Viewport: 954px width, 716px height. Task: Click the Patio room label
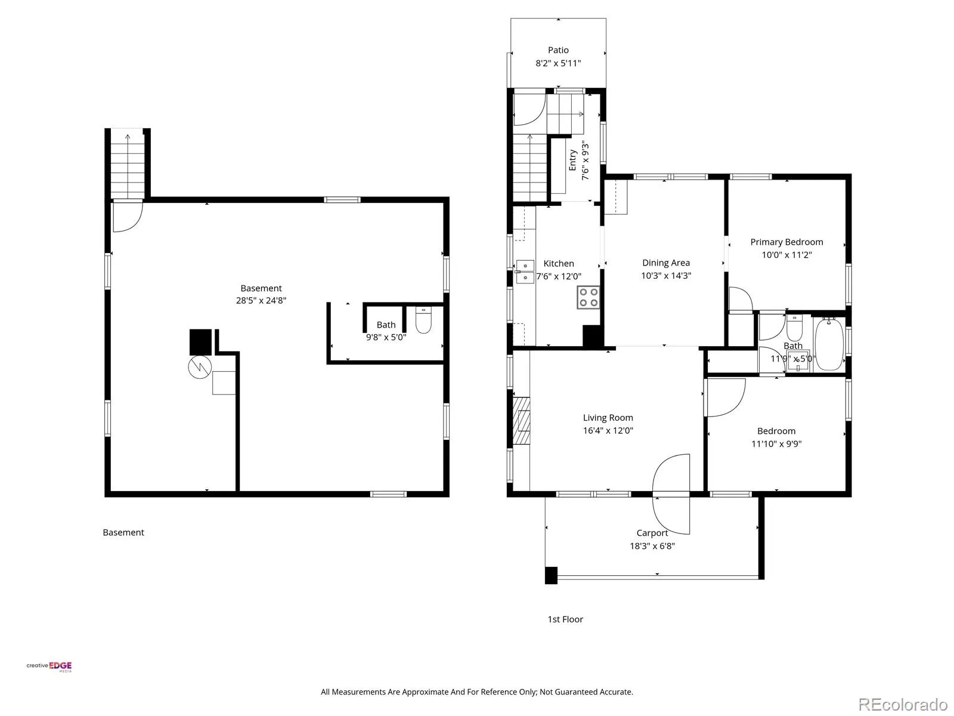point(557,50)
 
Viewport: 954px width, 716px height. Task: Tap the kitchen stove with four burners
point(588,297)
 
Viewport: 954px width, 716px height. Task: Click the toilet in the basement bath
point(423,320)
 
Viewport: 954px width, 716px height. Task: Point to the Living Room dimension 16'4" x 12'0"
point(608,430)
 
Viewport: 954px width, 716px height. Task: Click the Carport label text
point(652,533)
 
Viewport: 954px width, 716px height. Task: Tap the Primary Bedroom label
point(786,242)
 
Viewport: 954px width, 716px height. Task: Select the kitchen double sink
point(525,271)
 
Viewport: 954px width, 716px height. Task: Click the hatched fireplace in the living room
point(522,421)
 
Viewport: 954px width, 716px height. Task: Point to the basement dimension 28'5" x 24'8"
point(261,300)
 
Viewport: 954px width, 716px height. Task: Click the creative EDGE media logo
point(49,666)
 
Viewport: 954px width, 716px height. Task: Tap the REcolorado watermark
point(903,703)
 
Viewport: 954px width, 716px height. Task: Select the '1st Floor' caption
point(565,619)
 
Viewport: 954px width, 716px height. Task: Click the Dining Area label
point(666,263)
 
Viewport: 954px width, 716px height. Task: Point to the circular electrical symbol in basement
point(200,367)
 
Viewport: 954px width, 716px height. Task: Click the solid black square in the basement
point(200,342)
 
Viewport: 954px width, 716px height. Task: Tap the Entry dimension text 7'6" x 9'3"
point(586,160)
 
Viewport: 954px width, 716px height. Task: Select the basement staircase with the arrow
point(128,164)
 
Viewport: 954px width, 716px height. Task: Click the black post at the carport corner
point(551,575)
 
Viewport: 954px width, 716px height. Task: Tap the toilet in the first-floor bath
point(794,328)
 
